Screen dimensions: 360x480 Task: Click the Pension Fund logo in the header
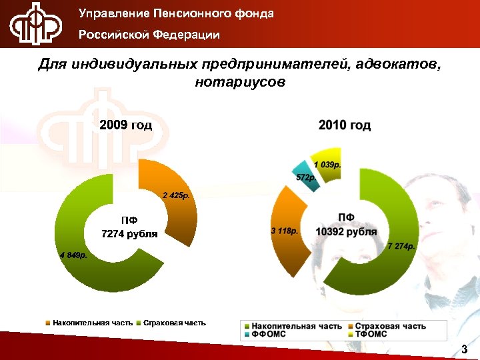coord(35,25)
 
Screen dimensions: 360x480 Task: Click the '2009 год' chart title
coord(126,125)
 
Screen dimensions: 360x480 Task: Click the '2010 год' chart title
coord(345,125)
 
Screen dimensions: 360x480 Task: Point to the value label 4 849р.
coord(73,255)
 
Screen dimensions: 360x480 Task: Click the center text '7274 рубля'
coord(129,234)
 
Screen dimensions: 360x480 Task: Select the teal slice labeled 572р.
coord(305,176)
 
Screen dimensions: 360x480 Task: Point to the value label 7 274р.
coord(401,247)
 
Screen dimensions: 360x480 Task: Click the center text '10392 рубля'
coord(346,232)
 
